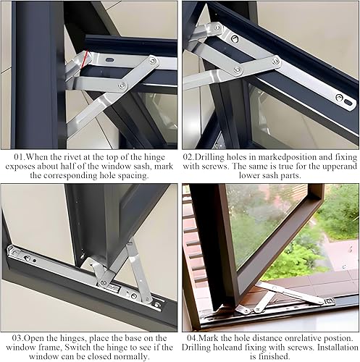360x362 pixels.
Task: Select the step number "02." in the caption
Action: coord(192,154)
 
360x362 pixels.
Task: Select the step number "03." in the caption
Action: coord(12,337)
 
